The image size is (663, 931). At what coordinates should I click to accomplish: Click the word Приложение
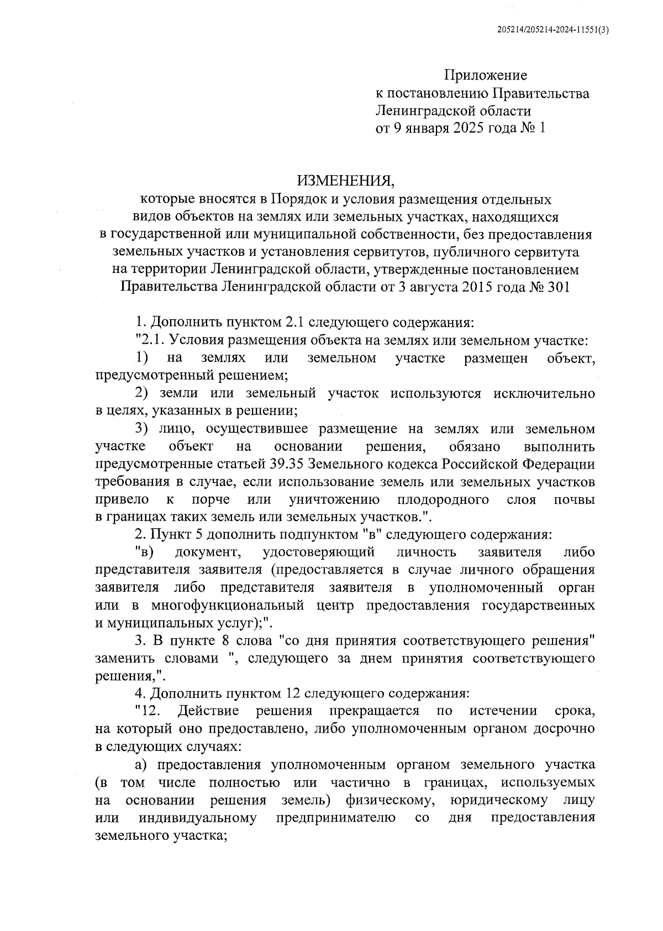(486, 75)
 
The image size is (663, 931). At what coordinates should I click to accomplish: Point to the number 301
(557, 287)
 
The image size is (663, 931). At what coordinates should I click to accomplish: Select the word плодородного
(443, 500)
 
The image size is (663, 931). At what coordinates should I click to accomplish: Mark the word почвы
(574, 500)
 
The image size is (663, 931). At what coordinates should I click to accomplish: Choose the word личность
(427, 552)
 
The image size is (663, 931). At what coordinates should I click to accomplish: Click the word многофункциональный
(228, 605)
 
